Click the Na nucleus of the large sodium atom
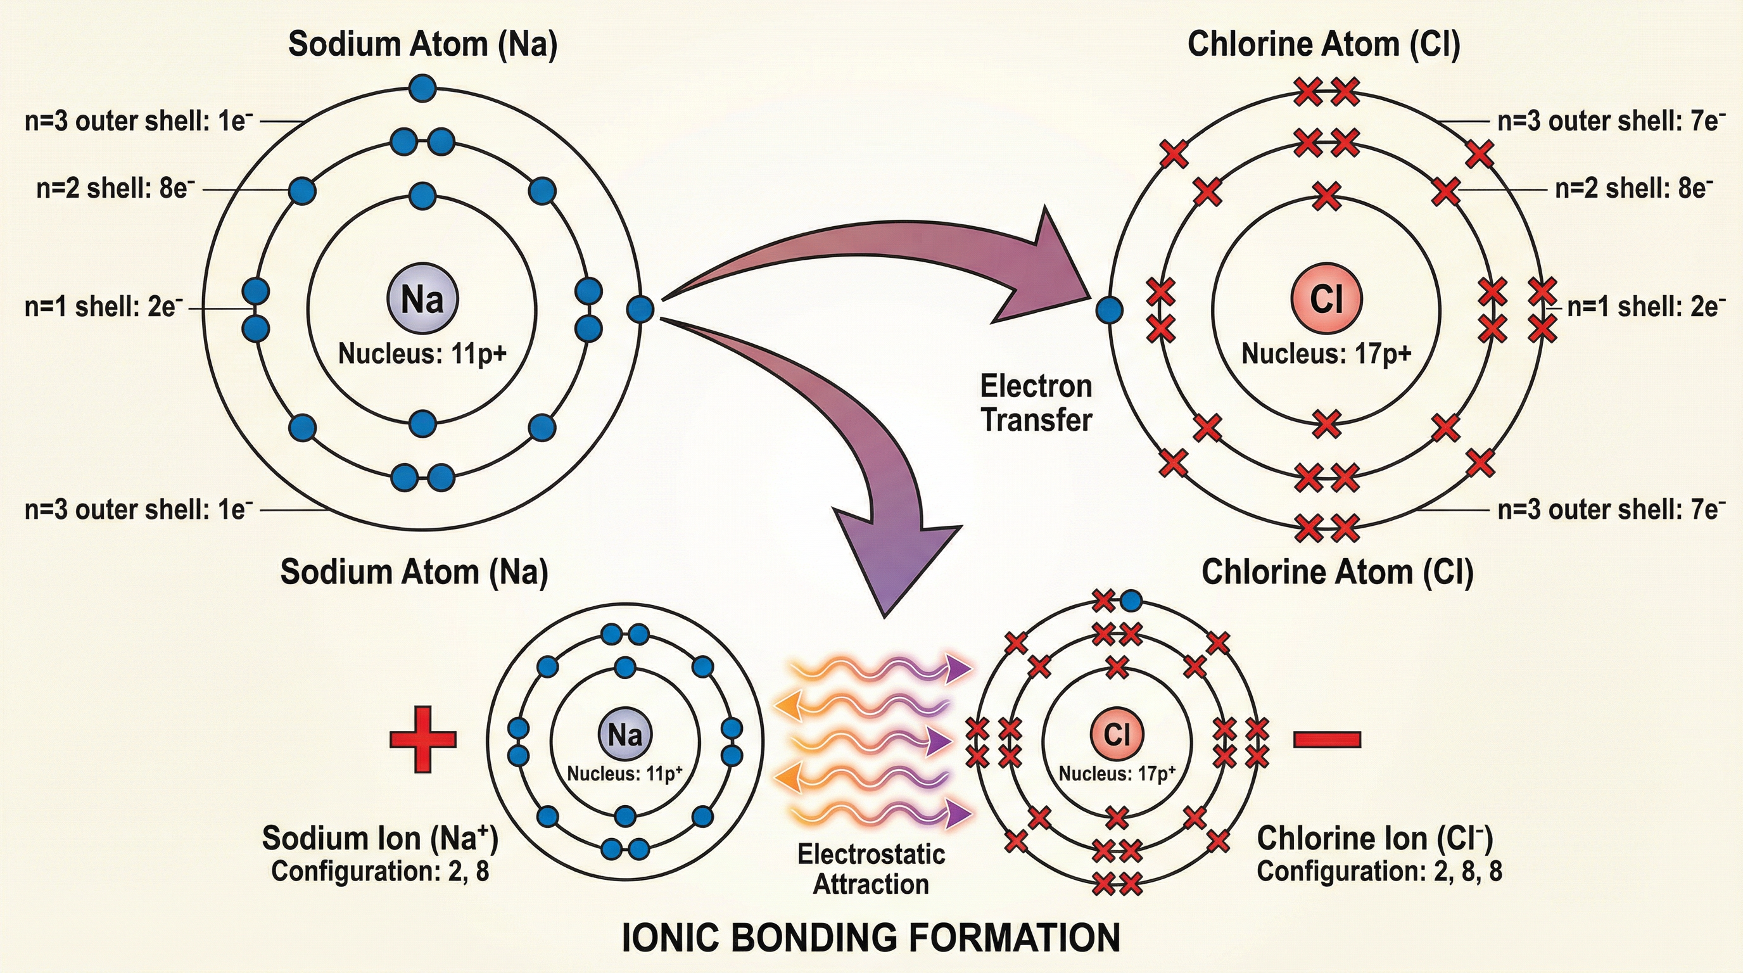tap(423, 298)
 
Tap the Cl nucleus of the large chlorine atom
tap(1326, 298)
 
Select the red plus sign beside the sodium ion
tap(423, 739)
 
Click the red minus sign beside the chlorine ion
tap(1327, 739)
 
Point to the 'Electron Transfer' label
tap(1036, 404)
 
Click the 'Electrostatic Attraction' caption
tap(871, 869)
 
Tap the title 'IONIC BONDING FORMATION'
tap(871, 938)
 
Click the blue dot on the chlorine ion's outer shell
tap(1131, 600)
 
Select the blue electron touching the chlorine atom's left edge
tap(1109, 310)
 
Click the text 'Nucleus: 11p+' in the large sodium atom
tap(422, 354)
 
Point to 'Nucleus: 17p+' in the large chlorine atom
tap(1326, 354)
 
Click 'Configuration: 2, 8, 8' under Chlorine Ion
tap(1379, 871)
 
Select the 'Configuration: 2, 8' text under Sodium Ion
tap(379, 872)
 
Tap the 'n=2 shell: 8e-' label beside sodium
tap(115, 189)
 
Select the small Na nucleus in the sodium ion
tap(625, 735)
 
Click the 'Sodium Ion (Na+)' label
tap(379, 837)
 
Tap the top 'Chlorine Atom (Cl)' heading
tap(1324, 44)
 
